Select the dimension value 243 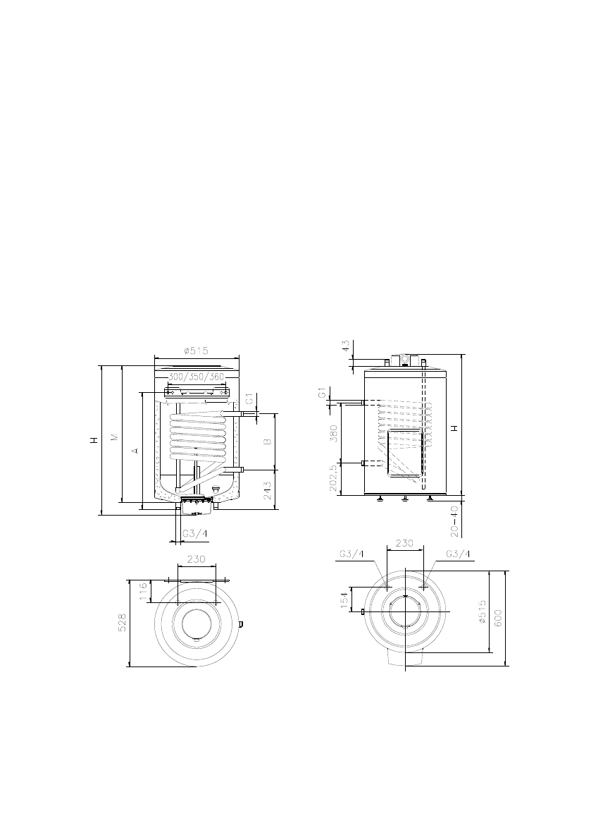[x=268, y=489]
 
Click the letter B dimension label [x=268, y=442]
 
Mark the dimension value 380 [x=334, y=432]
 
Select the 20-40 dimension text [x=455, y=518]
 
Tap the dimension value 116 [x=144, y=591]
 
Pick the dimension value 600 [x=499, y=617]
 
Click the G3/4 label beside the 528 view [x=195, y=534]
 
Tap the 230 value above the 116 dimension [x=196, y=559]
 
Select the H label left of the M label [x=94, y=441]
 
